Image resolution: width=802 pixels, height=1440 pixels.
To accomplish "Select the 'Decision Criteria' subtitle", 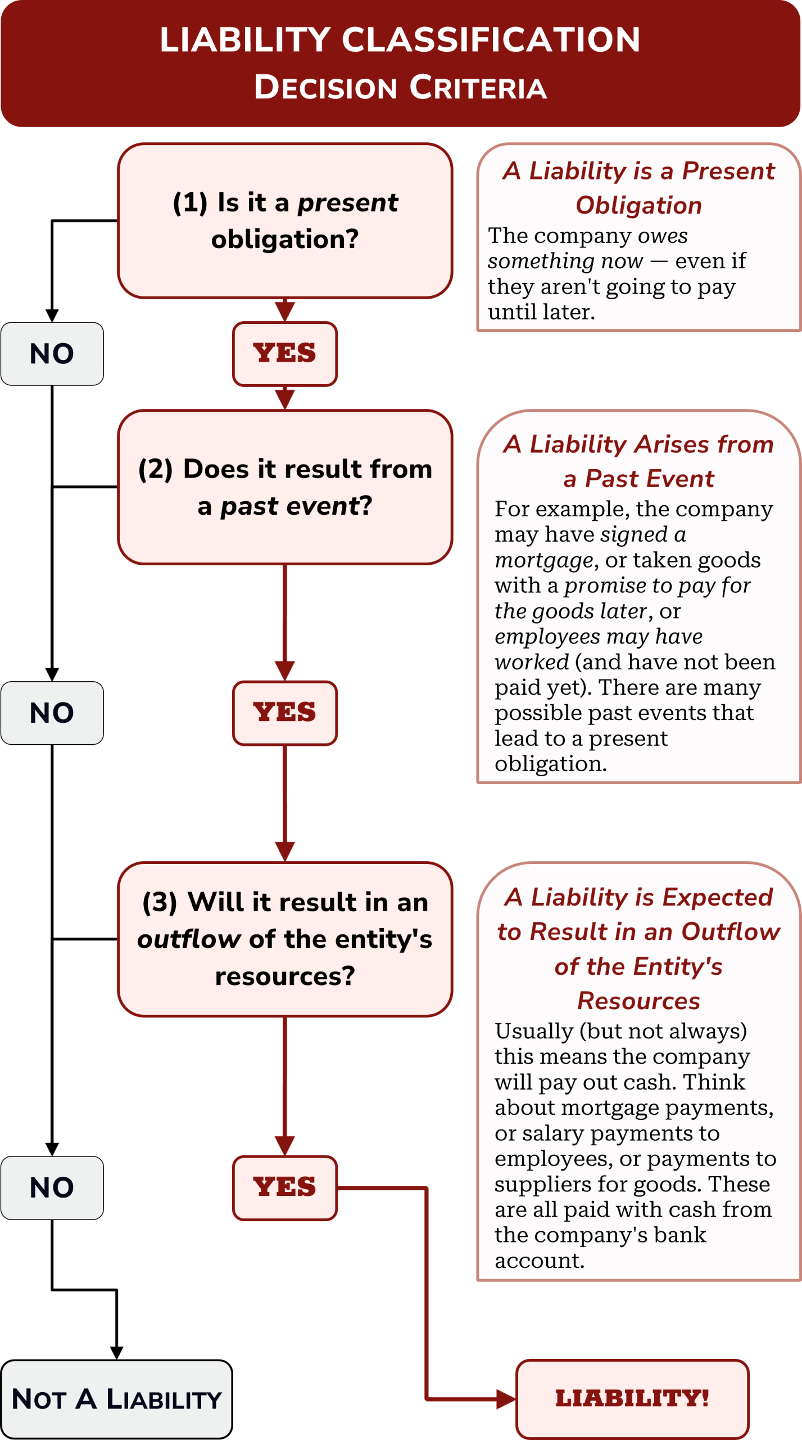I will [x=400, y=88].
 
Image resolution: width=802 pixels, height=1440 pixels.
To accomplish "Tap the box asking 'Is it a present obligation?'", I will [x=285, y=220].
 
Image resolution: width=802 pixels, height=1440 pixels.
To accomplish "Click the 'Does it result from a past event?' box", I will [x=285, y=487].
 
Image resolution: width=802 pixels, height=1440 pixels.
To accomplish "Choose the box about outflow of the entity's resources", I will [x=285, y=939].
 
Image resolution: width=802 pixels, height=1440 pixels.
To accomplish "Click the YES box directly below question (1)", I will [x=285, y=354].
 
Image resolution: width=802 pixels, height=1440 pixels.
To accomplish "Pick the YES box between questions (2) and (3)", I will [x=285, y=713].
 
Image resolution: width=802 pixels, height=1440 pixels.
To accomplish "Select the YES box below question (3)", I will [x=285, y=1187].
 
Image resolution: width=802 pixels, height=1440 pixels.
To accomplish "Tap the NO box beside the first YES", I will [x=52, y=354].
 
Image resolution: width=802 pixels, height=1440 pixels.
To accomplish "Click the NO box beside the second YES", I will [x=52, y=713].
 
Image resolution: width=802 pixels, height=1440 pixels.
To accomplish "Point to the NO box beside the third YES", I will [x=52, y=1187].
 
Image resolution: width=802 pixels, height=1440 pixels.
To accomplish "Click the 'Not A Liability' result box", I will [x=116, y=1399].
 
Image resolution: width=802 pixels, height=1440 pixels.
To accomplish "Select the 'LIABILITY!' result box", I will [x=632, y=1398].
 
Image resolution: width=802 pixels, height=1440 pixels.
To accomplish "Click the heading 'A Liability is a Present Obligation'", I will [x=638, y=188].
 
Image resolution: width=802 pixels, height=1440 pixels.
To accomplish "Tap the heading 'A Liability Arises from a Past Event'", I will [x=638, y=461].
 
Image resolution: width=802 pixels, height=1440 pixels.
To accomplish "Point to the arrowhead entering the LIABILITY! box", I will [x=506, y=1398].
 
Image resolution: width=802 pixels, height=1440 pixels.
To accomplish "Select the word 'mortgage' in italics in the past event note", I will [x=543, y=560].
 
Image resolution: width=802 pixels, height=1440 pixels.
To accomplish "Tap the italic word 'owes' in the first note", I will [x=663, y=236].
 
